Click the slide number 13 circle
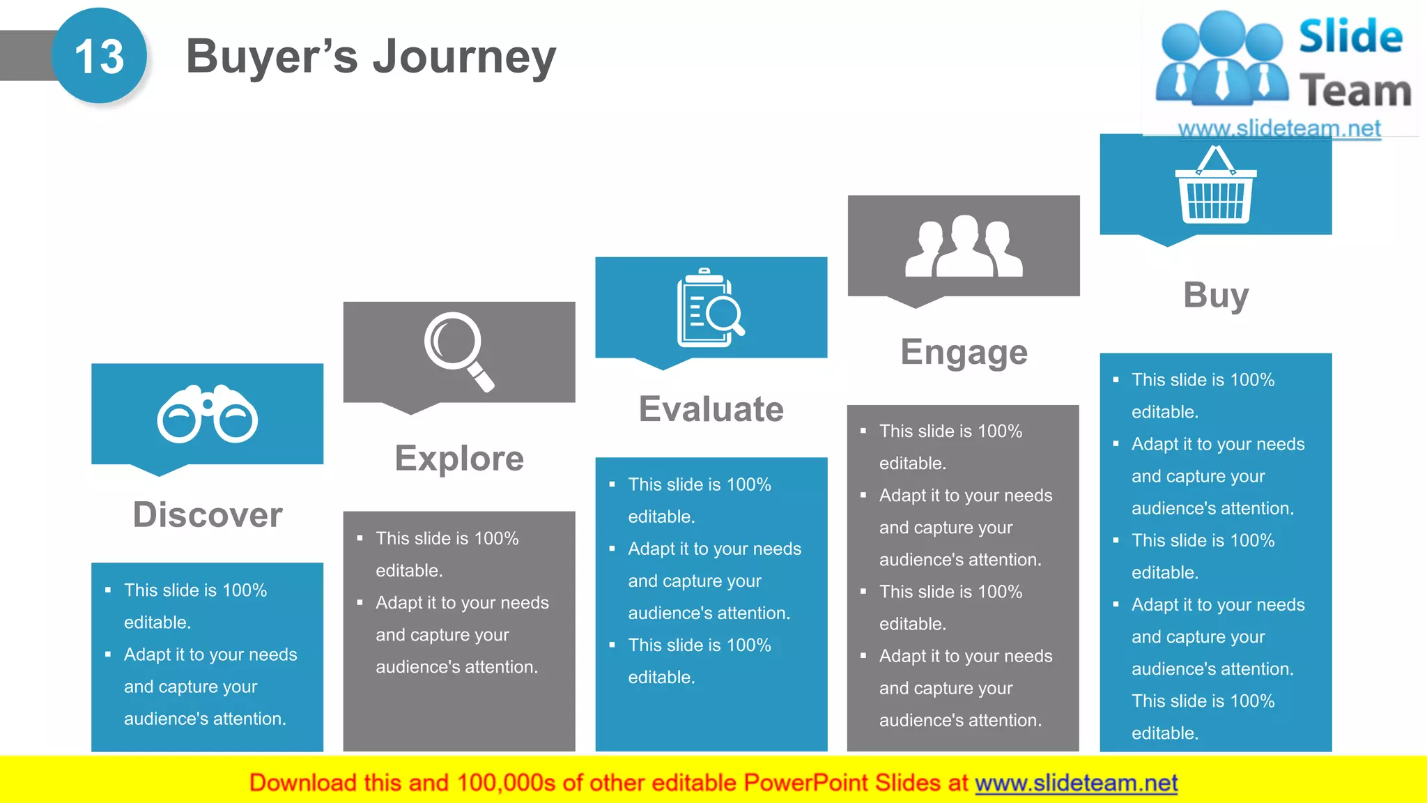point(100,56)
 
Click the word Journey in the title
point(464,57)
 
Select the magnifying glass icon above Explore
point(458,351)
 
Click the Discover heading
point(208,515)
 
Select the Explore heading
point(459,459)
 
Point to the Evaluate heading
point(711,409)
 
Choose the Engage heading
point(964,352)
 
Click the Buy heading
point(1215,295)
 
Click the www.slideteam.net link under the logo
point(1279,128)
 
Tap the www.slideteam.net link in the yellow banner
point(1076,783)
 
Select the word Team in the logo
point(1355,91)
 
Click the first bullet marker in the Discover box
point(108,590)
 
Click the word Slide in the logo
point(1350,36)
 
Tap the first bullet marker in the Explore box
point(360,538)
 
